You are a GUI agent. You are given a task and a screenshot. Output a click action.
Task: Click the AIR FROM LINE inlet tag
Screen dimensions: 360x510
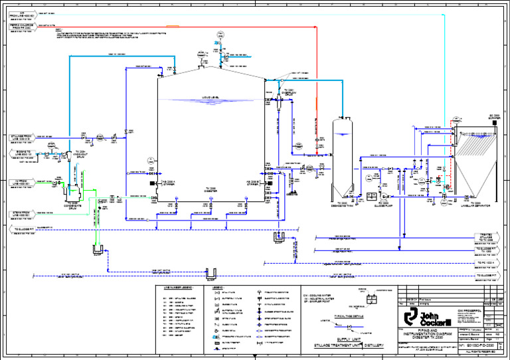tap(23, 15)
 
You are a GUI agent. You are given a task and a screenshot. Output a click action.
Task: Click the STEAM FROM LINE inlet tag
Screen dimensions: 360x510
tap(23, 214)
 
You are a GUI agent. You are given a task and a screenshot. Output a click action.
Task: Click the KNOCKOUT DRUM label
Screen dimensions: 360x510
tap(80, 154)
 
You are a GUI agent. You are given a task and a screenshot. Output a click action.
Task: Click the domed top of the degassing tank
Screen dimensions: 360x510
tap(341, 121)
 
